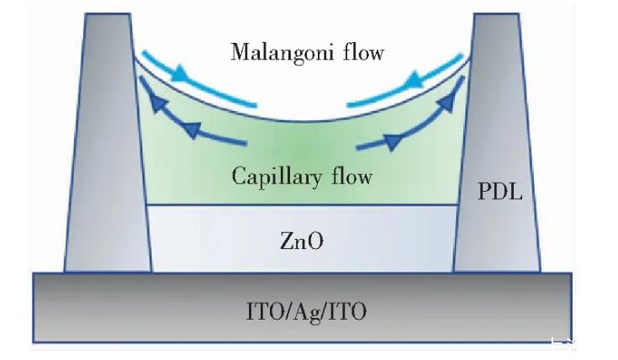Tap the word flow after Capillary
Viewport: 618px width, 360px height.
(x=352, y=177)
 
